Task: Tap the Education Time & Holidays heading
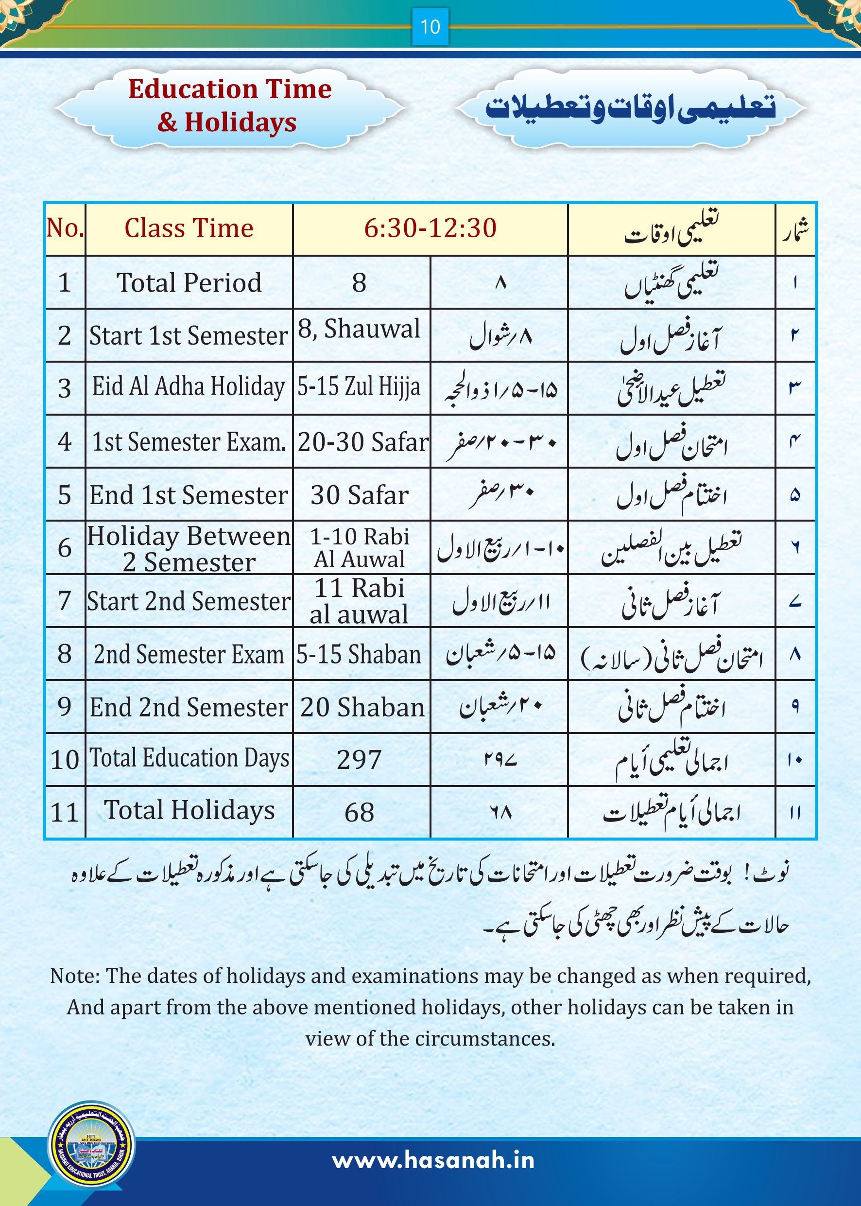pyautogui.click(x=229, y=105)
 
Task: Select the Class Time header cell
pyautogui.click(x=189, y=228)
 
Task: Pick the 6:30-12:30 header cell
pyautogui.click(x=430, y=228)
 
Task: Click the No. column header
pyautogui.click(x=65, y=228)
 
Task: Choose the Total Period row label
pyautogui.click(x=189, y=283)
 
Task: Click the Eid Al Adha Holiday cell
pyautogui.click(x=189, y=386)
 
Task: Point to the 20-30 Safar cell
pyautogui.click(x=362, y=442)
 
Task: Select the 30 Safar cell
pyautogui.click(x=360, y=495)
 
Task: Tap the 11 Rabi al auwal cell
pyautogui.click(x=360, y=601)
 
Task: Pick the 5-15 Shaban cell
pyautogui.click(x=359, y=654)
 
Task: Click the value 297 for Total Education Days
pyautogui.click(x=360, y=760)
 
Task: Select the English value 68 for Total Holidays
pyautogui.click(x=360, y=812)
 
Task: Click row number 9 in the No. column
pyautogui.click(x=64, y=707)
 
